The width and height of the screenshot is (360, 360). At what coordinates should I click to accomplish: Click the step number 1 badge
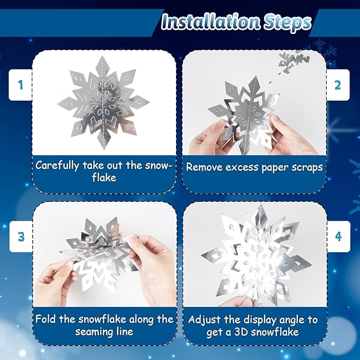click(x=21, y=84)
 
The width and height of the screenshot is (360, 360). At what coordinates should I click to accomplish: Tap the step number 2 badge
click(x=338, y=84)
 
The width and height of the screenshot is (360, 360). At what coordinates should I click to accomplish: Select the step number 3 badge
click(x=21, y=236)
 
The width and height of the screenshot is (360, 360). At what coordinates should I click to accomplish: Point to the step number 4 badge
click(x=338, y=236)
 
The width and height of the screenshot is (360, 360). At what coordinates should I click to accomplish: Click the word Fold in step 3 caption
click(x=46, y=319)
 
